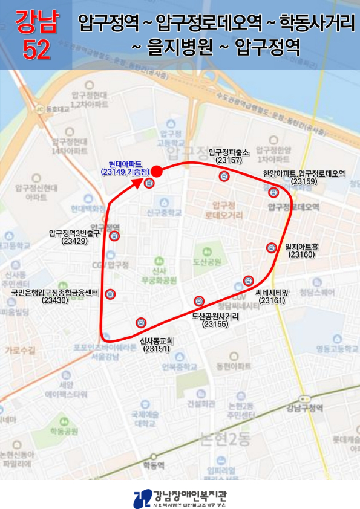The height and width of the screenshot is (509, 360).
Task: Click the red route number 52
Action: click(36, 51)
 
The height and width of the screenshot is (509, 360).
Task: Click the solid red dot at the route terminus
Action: click(155, 170)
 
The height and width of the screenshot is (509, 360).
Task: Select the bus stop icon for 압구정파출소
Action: click(224, 176)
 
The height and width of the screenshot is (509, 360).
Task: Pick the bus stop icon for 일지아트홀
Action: click(272, 247)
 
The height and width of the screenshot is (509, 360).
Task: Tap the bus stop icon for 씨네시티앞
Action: click(248, 280)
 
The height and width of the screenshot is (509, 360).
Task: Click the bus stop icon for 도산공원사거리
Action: click(198, 301)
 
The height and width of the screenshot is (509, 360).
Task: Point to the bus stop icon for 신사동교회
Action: click(141, 322)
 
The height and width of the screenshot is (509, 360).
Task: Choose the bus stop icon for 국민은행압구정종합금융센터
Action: click(110, 294)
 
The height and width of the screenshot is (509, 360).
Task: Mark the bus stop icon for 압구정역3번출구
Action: click(114, 236)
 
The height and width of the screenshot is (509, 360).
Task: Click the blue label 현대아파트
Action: click(125, 164)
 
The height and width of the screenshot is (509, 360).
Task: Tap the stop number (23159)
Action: click(304, 181)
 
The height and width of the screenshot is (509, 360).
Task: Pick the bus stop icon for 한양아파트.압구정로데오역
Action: click(272, 192)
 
